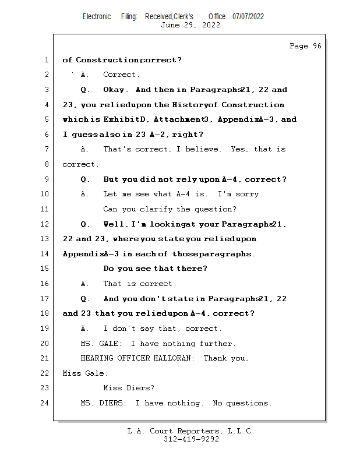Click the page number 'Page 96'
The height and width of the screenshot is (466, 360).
(305, 46)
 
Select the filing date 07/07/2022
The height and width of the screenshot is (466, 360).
(248, 17)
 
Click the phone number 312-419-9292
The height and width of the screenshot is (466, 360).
(191, 439)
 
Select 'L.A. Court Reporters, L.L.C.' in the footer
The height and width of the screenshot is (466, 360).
(191, 431)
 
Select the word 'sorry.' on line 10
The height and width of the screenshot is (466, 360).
(249, 194)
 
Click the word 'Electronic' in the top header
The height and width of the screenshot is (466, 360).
(97, 17)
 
